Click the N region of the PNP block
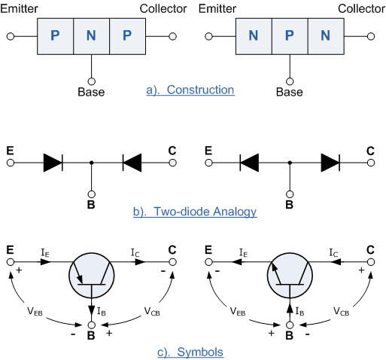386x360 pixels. click(91, 36)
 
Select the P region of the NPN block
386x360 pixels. click(290, 36)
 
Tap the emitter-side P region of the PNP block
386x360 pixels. click(55, 36)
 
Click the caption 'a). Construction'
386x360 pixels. click(190, 91)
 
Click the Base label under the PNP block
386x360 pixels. click(91, 93)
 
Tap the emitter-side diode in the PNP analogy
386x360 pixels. click(53, 161)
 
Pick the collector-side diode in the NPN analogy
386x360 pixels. click(330, 161)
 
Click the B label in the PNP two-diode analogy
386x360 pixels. click(91, 202)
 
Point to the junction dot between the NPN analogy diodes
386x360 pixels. click(290, 161)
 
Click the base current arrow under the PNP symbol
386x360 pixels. click(91, 309)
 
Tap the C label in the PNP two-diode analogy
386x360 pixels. click(172, 151)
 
